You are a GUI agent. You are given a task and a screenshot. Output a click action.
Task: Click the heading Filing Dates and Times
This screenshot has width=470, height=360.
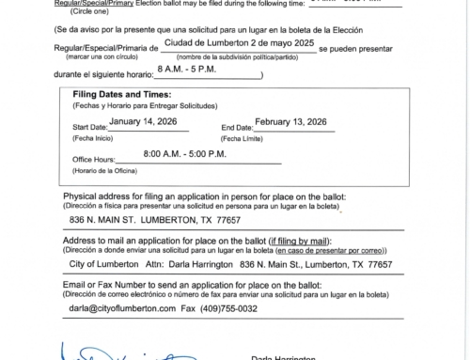click(x=119, y=120)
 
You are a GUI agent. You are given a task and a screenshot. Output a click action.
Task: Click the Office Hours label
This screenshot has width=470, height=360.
click(x=98, y=184)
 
